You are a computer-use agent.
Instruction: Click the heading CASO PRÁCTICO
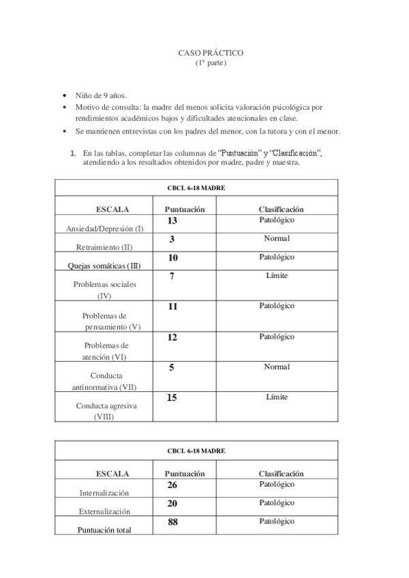click(211, 52)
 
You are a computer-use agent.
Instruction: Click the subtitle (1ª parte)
click(211, 63)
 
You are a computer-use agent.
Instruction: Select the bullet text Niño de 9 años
click(101, 97)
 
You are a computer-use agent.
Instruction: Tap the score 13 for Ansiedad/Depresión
click(172, 221)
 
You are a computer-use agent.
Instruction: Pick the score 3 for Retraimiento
click(172, 239)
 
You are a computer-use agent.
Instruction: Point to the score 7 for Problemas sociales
click(172, 276)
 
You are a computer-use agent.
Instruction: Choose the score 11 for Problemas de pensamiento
click(172, 307)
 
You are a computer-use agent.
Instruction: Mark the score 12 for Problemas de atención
click(172, 337)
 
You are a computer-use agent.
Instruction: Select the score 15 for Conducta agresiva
click(172, 398)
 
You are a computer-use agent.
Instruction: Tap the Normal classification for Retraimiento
click(277, 239)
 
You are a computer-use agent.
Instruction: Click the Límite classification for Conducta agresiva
click(277, 397)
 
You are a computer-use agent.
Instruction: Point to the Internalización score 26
click(172, 485)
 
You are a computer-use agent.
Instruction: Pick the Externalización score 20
click(172, 504)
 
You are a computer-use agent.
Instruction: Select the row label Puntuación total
click(104, 530)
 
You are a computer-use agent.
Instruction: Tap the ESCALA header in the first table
click(112, 209)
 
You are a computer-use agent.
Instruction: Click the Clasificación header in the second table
click(281, 473)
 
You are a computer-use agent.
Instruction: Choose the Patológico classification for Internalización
click(277, 485)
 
